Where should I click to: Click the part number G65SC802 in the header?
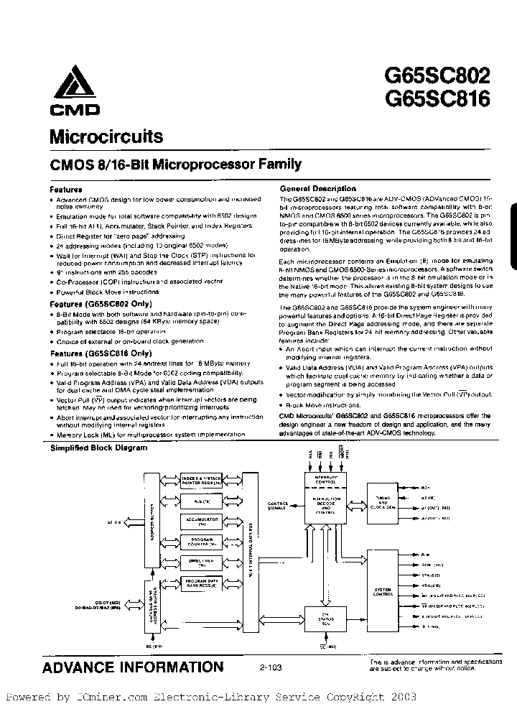click(437, 75)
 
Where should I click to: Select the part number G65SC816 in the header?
click(437, 98)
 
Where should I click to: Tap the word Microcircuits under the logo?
click(106, 136)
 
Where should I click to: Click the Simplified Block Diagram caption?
click(98, 448)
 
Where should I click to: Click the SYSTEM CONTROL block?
click(383, 591)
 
